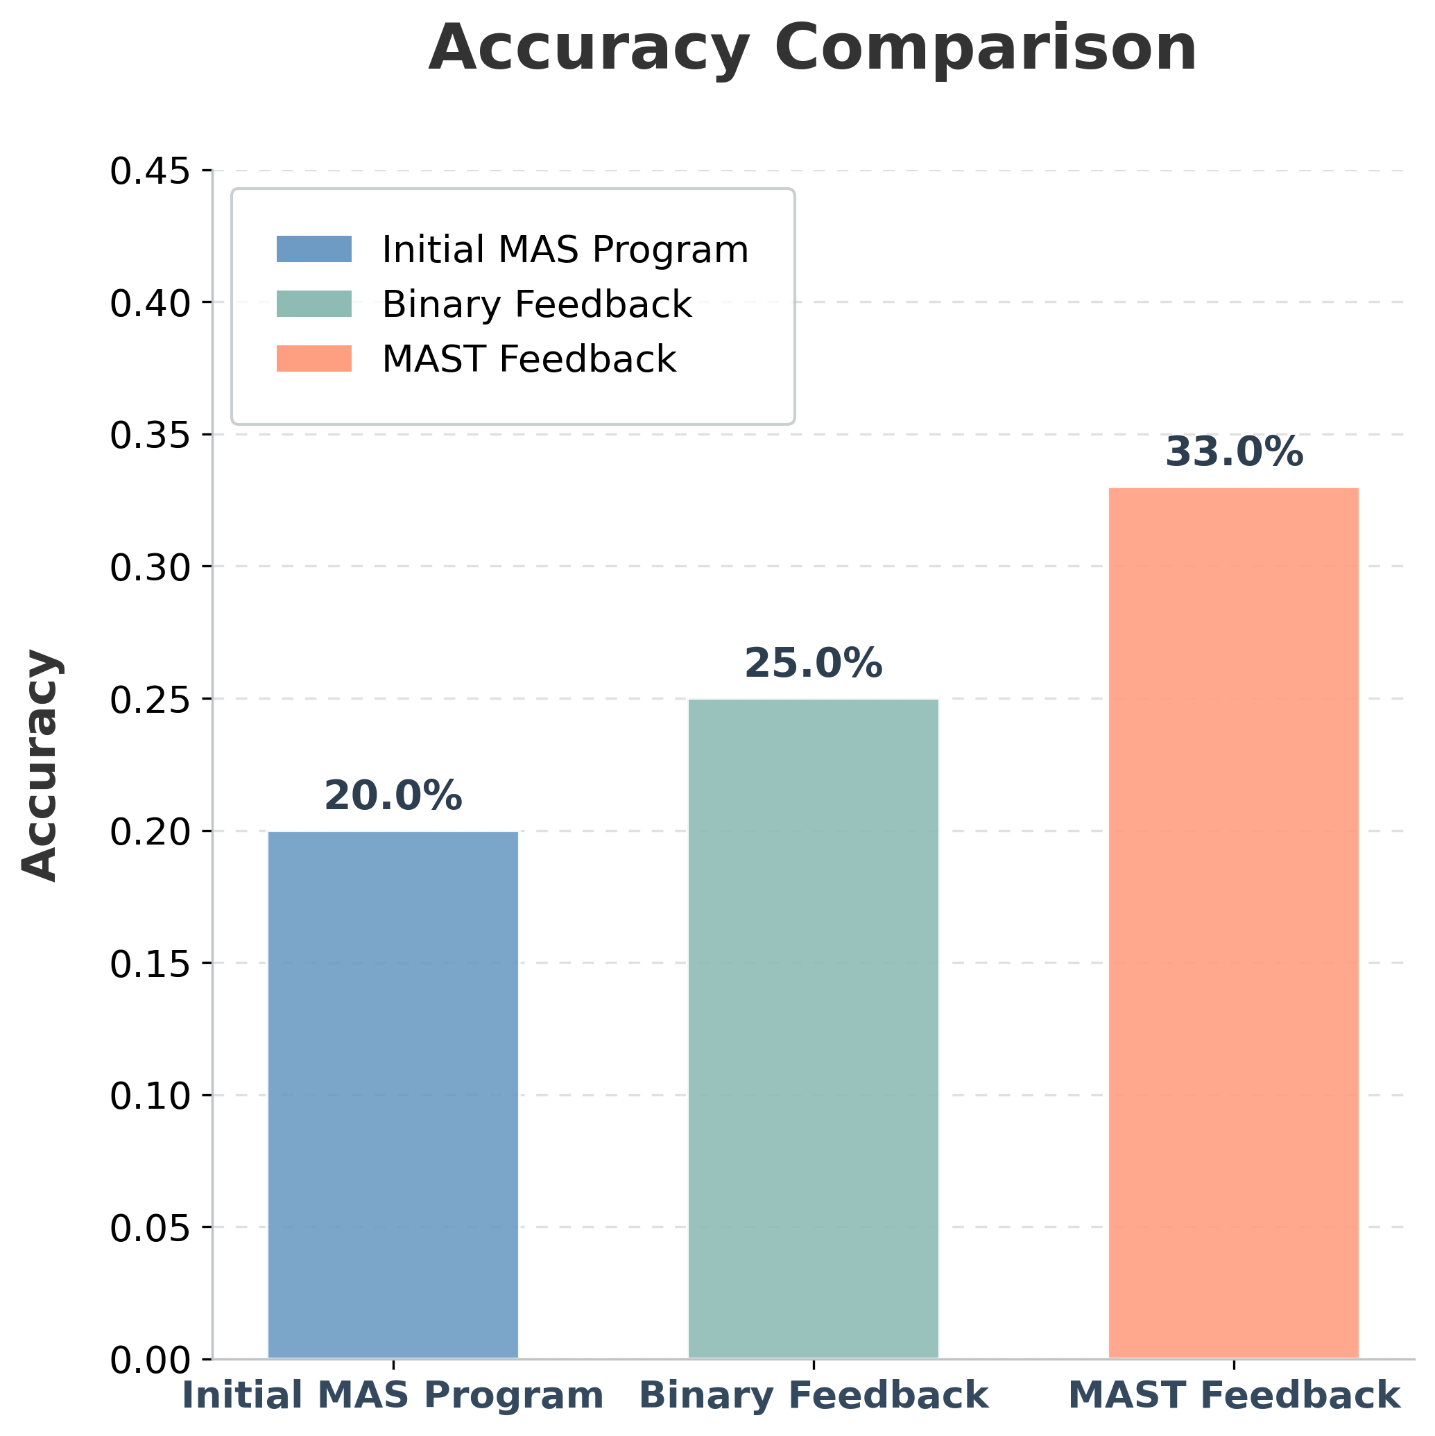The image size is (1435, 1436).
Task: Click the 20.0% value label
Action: point(393,797)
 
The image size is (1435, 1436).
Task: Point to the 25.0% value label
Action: point(813,664)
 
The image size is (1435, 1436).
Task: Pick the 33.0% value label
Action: point(1233,453)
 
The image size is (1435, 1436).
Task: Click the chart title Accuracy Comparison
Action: point(813,49)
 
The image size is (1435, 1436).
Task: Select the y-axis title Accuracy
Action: point(40,765)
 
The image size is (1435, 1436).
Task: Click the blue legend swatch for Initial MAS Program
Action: point(313,249)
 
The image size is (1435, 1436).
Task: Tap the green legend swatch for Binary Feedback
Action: point(313,304)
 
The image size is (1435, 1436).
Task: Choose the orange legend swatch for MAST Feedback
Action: point(313,358)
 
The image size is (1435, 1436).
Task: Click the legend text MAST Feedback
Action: point(529,359)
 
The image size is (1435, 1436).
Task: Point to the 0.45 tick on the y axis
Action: point(149,172)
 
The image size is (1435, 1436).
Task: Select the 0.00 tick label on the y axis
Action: point(149,1360)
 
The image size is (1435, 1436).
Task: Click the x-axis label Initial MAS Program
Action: point(393,1395)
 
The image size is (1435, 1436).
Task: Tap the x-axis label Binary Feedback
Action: point(814,1395)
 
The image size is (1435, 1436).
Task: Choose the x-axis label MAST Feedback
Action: point(1233,1395)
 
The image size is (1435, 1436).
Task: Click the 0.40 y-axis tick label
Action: point(149,304)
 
